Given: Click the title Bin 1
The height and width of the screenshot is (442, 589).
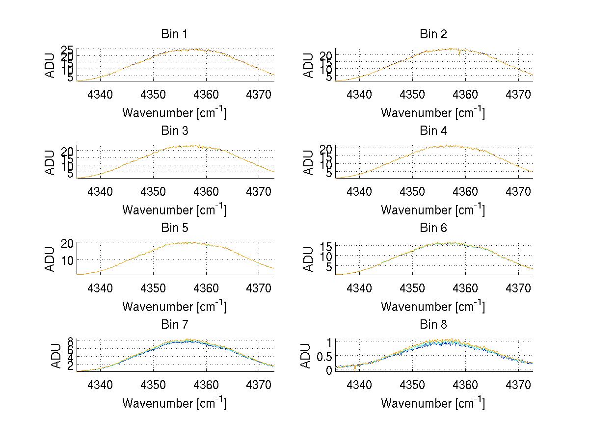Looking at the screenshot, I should (174, 34).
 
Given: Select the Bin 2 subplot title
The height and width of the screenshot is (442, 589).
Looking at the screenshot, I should (433, 34).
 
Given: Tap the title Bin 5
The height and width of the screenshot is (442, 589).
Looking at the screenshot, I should (174, 228).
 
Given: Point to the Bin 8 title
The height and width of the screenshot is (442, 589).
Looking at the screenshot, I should (433, 325).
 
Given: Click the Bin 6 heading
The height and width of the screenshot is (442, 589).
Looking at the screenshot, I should (433, 228).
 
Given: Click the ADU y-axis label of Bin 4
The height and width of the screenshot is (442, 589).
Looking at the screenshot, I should (309, 162).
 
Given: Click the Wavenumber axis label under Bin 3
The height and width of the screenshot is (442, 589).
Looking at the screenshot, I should (174, 209).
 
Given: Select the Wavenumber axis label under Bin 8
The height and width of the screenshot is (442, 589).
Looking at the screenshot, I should (433, 403).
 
